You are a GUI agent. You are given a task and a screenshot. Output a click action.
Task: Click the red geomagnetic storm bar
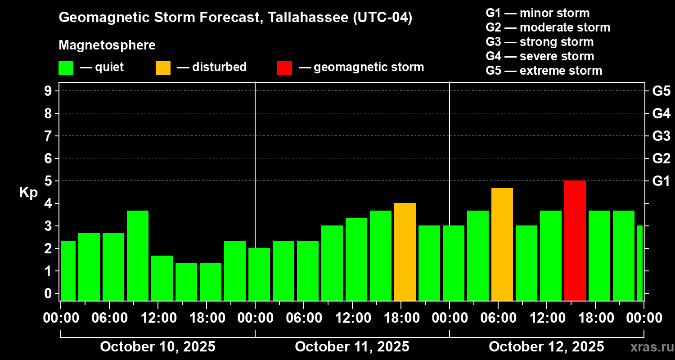tap(575, 240)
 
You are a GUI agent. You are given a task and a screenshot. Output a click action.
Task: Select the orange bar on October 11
tap(405, 252)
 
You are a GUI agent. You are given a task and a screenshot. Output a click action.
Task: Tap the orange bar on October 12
tap(502, 244)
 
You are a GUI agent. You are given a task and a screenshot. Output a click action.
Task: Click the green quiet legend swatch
tap(66, 68)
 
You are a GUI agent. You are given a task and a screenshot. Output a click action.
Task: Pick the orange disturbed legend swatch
tap(163, 68)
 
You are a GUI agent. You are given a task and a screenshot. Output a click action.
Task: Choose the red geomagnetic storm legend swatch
tap(284, 68)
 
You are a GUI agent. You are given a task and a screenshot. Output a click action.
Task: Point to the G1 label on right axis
tap(661, 181)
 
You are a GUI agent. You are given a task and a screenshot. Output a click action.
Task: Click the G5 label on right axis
tap(661, 91)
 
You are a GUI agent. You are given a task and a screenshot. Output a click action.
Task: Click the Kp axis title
tap(28, 193)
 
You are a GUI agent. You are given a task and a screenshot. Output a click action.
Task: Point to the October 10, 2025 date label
tap(157, 347)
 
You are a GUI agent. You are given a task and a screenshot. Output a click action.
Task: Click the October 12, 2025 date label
tap(546, 347)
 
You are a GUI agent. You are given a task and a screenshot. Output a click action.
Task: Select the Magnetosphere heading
tap(107, 45)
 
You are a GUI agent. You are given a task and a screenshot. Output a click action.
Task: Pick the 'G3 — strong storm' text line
tap(540, 42)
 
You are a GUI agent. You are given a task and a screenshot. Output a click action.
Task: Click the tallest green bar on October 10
tap(138, 255)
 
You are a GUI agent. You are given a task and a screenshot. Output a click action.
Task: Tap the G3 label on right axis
tap(661, 136)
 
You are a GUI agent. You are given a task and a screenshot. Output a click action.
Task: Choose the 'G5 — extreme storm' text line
tap(544, 71)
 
